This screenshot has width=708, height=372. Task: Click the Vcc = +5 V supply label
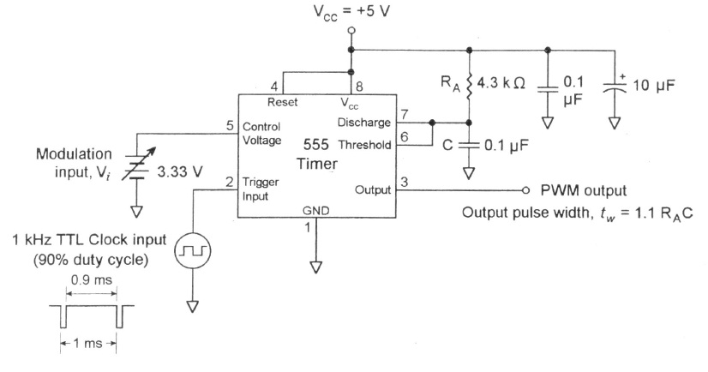[351, 12]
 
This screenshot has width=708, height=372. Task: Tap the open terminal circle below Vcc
[351, 31]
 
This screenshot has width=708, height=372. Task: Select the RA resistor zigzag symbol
[469, 87]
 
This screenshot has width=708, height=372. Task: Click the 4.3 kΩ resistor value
[501, 82]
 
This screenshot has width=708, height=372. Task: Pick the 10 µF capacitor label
[654, 85]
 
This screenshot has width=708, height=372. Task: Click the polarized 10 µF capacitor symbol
[615, 88]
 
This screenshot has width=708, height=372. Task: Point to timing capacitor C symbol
[469, 146]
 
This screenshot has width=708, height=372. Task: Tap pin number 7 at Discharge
[405, 115]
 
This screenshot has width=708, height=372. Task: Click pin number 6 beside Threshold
[404, 136]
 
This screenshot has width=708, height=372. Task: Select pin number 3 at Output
[404, 182]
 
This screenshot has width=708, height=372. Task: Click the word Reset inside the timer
[282, 102]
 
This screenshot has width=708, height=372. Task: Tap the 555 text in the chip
[316, 145]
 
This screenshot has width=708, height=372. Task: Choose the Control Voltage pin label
[261, 133]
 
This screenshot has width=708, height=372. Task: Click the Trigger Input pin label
[261, 189]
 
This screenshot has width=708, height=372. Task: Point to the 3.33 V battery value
[180, 171]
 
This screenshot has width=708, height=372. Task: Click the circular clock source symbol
[193, 250]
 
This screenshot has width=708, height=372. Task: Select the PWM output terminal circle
[525, 190]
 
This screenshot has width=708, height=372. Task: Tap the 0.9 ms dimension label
[91, 280]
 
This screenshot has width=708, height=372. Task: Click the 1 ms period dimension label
[87, 344]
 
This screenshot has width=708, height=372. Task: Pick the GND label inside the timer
[316, 210]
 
